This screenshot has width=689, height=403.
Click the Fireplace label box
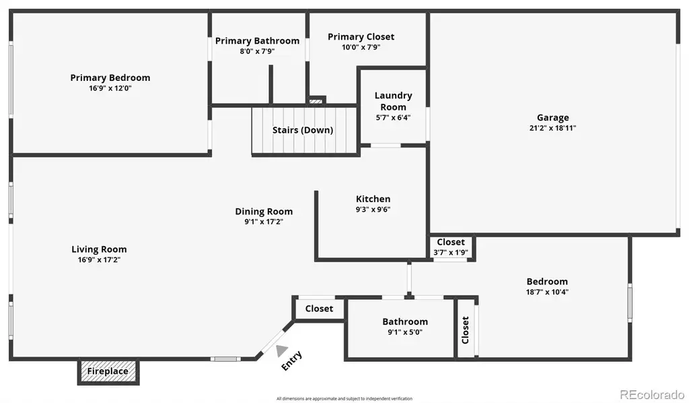tap(108, 372)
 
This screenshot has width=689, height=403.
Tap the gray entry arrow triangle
tap(281, 350)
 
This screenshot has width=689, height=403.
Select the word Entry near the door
tap(292, 361)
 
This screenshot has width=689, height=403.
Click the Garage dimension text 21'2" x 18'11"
tap(553, 128)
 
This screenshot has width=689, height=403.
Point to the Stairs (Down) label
tap(303, 130)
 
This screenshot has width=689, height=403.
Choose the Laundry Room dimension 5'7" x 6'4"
tap(393, 117)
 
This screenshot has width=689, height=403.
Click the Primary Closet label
tap(361, 37)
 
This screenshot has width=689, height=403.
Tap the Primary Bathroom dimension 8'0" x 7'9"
tap(257, 51)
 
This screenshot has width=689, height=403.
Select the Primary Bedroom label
tap(110, 78)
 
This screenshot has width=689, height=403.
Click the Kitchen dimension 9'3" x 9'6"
tap(373, 210)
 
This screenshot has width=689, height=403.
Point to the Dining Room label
tap(264, 212)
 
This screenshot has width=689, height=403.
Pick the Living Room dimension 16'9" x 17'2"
tap(100, 259)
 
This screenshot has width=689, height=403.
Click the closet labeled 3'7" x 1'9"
tap(451, 247)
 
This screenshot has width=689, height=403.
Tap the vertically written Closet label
tap(466, 330)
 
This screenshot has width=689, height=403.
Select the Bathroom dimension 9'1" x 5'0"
tap(404, 332)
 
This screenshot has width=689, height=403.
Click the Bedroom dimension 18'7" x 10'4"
tap(547, 292)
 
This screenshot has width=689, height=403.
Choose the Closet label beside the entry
tap(320, 309)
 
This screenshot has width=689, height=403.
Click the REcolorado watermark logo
tap(652, 395)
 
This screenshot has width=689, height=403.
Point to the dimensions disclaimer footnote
tap(344, 398)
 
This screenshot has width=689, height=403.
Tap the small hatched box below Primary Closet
tap(316, 101)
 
